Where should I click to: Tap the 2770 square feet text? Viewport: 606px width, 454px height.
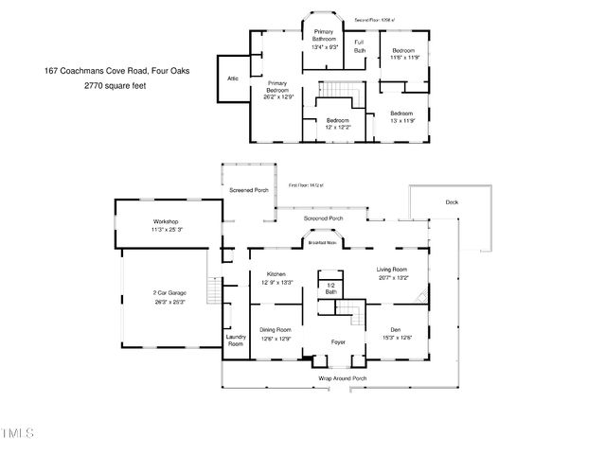pos(116,85)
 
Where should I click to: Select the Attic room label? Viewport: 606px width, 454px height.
pos(233,79)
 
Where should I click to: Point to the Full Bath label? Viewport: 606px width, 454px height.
pos(360,46)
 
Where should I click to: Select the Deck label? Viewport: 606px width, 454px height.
pos(452,201)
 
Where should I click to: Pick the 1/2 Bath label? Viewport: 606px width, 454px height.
pos(330,288)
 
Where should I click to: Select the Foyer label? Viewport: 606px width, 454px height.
pos(337,341)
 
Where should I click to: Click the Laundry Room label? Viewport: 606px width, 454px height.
pos(235,340)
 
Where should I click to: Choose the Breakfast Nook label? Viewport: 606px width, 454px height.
pos(324,243)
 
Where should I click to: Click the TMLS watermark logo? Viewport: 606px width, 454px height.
pos(17,434)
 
